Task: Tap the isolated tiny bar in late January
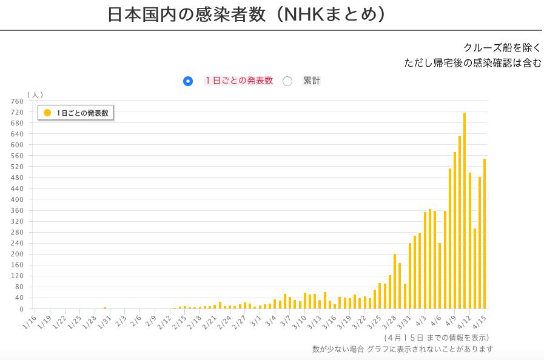(105, 308)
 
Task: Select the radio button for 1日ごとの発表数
(188, 81)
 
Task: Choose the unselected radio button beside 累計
(287, 81)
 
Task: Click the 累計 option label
(312, 81)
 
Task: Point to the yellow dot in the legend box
(47, 113)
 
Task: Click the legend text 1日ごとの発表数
(83, 113)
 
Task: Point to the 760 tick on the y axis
(17, 101)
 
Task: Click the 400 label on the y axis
(17, 199)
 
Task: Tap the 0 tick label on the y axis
(21, 309)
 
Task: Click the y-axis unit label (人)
(35, 95)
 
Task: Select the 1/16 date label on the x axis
(29, 321)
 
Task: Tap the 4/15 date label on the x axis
(480, 321)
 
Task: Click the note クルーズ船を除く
(502, 47)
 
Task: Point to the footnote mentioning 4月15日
(436, 337)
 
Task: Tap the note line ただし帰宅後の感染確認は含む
(473, 62)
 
